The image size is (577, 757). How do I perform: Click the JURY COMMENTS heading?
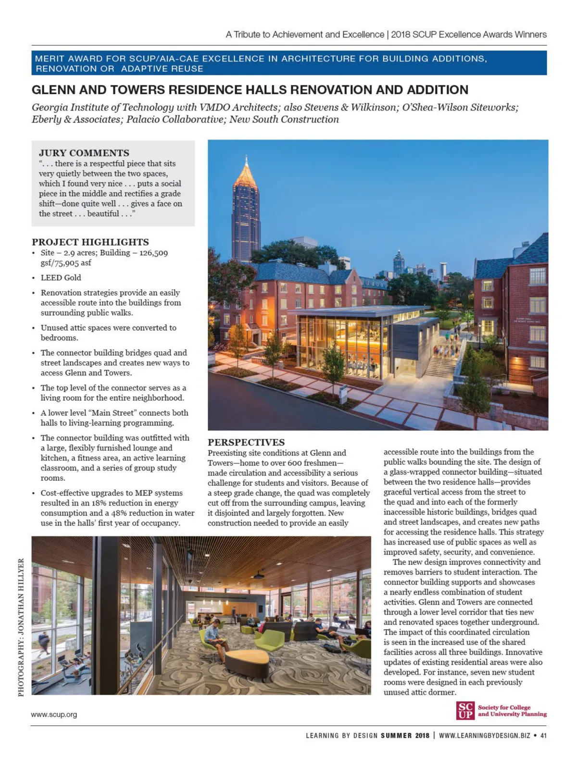(84, 153)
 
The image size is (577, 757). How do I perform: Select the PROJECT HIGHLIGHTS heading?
(90, 242)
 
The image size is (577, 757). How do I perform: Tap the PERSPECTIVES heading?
(246, 442)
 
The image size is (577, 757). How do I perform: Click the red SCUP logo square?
(465, 710)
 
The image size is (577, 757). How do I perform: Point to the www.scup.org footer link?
(54, 714)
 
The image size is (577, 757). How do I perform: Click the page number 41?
(543, 735)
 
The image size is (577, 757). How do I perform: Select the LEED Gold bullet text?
(61, 277)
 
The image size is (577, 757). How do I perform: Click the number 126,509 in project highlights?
(153, 253)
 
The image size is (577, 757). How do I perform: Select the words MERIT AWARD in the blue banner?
(69, 59)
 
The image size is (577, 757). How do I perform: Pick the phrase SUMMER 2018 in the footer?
(405, 735)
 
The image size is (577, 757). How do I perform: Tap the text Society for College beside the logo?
(504, 707)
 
